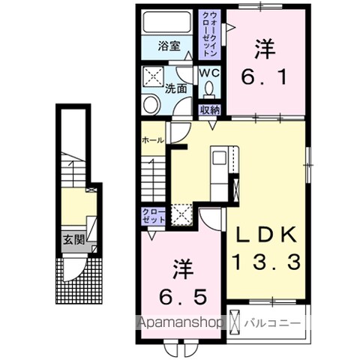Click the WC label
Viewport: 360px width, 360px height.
coord(208,73)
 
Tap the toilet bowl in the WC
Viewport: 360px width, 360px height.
coord(209,89)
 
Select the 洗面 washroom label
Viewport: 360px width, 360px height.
coord(177,87)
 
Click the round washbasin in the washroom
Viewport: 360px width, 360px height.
coord(150,103)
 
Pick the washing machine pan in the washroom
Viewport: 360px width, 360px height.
coord(155,76)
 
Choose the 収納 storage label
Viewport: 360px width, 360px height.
coord(209,110)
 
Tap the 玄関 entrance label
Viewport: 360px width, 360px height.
coord(73,241)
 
